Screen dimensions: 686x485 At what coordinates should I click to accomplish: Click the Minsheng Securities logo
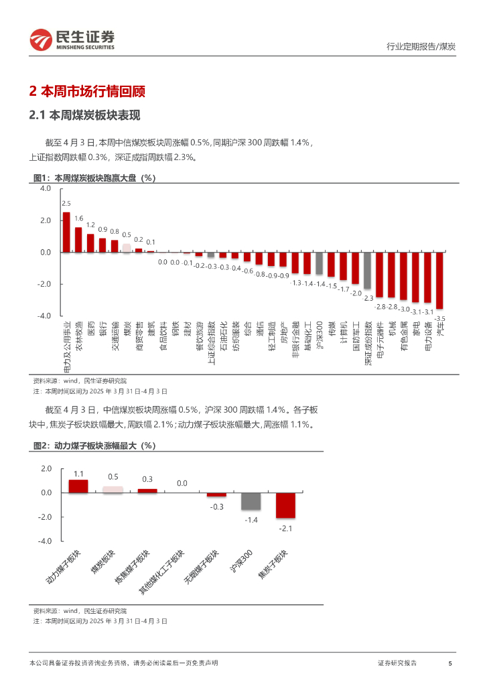point(72,41)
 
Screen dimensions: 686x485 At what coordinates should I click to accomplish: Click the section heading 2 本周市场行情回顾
point(88,92)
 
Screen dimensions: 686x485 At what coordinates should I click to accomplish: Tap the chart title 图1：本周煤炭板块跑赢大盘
point(94,178)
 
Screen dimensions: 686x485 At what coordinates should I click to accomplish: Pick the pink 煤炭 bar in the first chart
point(126,248)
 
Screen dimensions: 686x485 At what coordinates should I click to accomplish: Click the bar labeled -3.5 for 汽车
point(439,280)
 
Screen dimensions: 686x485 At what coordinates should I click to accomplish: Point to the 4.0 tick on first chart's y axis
point(46,189)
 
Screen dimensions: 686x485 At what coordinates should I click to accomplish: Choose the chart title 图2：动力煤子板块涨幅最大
point(94,445)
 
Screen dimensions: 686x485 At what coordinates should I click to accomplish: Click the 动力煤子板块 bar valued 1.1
point(78,486)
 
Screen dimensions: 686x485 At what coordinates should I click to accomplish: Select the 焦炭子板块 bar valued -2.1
point(285,505)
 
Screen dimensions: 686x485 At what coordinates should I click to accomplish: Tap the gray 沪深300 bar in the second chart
point(251,501)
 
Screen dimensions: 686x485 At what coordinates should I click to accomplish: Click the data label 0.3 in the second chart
point(147,479)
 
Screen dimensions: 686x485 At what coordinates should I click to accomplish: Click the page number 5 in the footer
point(450,663)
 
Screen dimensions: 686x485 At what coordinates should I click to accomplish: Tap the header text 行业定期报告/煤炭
point(422,46)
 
